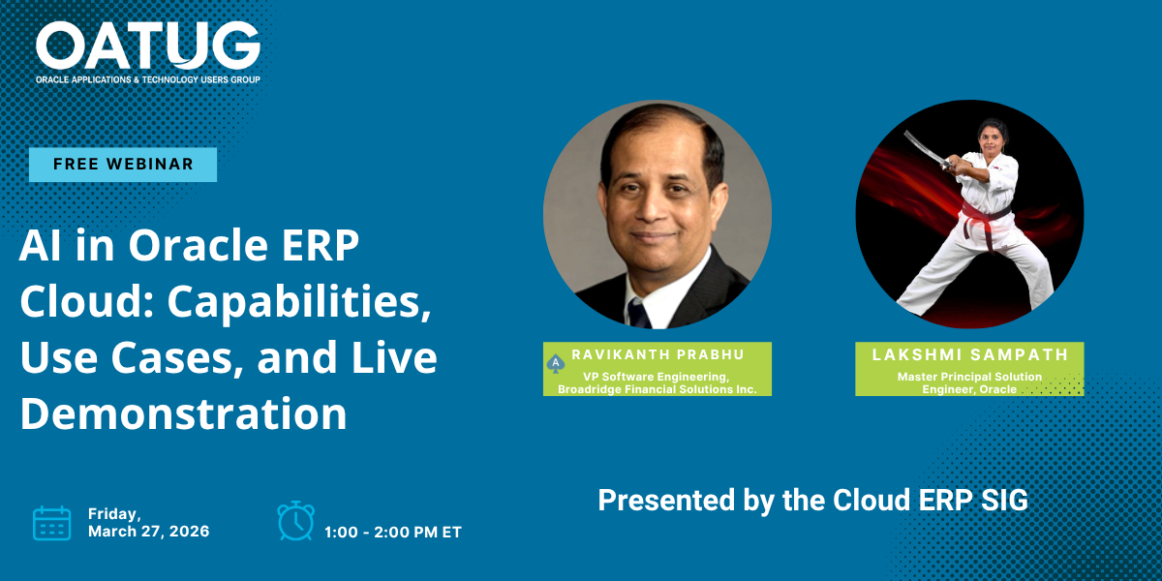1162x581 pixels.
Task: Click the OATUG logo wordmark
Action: coord(148,46)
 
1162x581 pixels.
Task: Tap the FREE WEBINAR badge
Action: coord(123,165)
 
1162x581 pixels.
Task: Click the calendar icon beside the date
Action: coord(52,523)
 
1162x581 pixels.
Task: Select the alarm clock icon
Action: coord(295,521)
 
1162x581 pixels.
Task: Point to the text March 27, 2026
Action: coord(149,532)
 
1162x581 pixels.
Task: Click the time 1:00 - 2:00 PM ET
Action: coord(393,533)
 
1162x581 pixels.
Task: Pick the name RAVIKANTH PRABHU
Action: coord(657,354)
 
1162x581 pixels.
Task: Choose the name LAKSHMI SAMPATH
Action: coord(970,354)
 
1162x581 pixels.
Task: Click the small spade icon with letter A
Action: coord(556,364)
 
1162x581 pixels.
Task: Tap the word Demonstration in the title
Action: coord(183,413)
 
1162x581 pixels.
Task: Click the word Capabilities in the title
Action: coord(299,302)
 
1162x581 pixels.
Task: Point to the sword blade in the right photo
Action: coord(923,147)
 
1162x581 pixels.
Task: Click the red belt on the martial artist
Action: coord(985,217)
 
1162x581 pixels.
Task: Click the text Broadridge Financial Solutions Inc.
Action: coord(657,389)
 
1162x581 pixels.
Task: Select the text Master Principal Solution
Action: coord(969,377)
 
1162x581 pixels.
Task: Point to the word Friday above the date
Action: coord(114,514)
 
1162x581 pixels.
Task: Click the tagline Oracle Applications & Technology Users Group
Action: coord(148,79)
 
